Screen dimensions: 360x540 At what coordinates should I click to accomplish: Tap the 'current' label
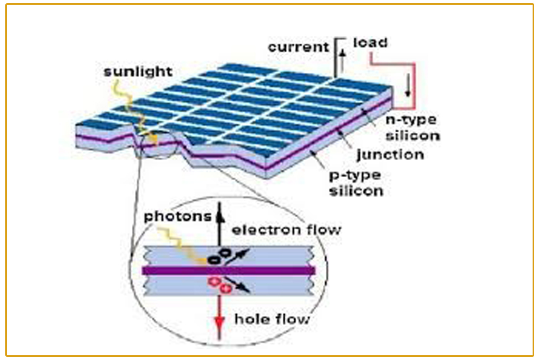pos(298,47)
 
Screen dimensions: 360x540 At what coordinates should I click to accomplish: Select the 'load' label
pos(370,43)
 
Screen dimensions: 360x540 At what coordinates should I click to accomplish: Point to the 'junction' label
pos(390,154)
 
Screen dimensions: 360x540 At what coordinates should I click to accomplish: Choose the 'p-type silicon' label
pos(356,182)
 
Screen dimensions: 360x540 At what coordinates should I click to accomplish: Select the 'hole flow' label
pos(272,319)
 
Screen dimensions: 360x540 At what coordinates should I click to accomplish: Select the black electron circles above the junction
pos(219,256)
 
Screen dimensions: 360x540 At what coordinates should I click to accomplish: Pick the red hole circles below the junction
pos(220,285)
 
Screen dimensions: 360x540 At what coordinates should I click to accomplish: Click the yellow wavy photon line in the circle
pos(187,245)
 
